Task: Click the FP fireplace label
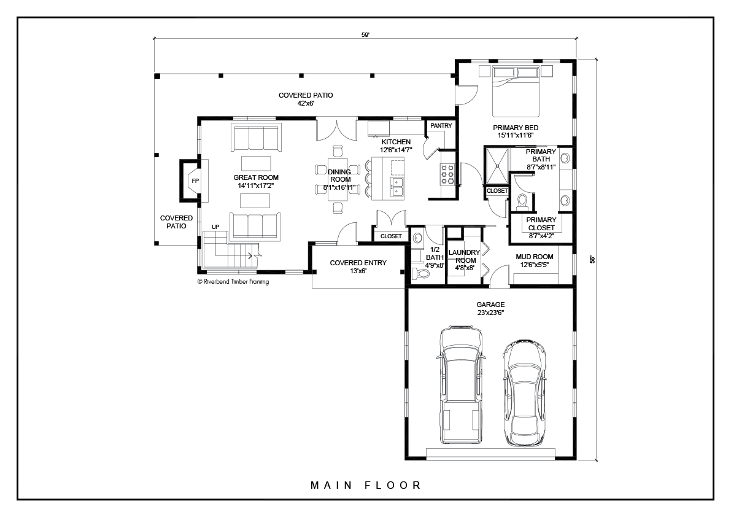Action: click(195, 181)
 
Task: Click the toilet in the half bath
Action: click(422, 273)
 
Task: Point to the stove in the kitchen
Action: click(448, 174)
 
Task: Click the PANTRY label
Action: click(441, 125)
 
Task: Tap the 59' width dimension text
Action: click(366, 34)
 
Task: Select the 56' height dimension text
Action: click(592, 259)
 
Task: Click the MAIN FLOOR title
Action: click(366, 485)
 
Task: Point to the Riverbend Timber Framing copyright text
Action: click(233, 282)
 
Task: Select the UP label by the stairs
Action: click(215, 227)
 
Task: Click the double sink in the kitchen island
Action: click(396, 187)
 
